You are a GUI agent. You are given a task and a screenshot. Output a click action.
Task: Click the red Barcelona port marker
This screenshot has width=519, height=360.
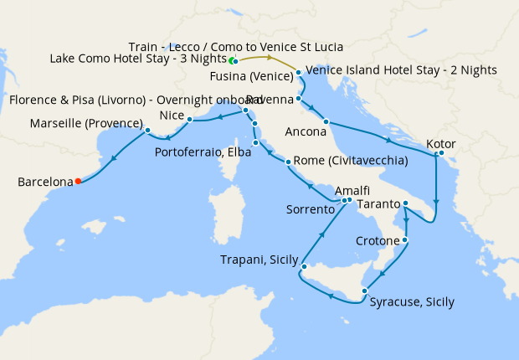(78, 181)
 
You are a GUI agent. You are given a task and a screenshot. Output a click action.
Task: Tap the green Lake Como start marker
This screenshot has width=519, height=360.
(232, 61)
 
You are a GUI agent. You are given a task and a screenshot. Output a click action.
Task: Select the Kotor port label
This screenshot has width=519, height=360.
(441, 144)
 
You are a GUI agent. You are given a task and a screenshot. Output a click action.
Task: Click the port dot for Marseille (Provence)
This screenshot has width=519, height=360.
(147, 130)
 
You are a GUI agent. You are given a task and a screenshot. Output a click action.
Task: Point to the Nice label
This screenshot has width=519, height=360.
(171, 115)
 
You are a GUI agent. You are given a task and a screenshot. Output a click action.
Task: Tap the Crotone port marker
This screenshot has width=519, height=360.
(405, 241)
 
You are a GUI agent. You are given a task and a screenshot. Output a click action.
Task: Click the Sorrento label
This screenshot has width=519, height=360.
(311, 209)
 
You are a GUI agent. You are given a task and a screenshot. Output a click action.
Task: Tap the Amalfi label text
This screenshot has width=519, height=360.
(352, 191)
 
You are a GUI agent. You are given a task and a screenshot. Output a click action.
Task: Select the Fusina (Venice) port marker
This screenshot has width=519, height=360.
(298, 73)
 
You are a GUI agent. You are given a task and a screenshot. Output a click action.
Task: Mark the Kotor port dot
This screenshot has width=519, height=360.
(441, 152)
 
